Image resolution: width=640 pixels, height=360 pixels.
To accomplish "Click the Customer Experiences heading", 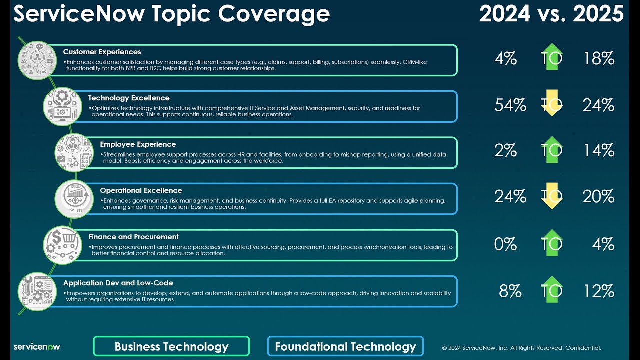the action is pyautogui.click(x=102, y=52).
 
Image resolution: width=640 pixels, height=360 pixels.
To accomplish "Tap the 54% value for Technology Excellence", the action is pyautogui.click(x=510, y=105).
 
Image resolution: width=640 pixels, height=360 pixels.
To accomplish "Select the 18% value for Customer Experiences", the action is pyautogui.click(x=598, y=58).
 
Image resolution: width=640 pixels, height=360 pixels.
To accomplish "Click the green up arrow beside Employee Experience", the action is pyautogui.click(x=552, y=149).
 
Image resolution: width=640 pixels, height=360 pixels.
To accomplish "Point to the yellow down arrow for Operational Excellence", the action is pyautogui.click(x=552, y=196).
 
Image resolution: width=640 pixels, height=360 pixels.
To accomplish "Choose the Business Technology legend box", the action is pyautogui.click(x=171, y=346).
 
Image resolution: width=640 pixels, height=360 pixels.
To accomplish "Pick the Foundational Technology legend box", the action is pyautogui.click(x=345, y=346).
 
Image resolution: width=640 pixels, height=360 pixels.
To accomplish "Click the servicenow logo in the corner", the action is pyautogui.click(x=37, y=347).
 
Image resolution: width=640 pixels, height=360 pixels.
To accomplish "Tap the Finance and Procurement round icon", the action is pyautogui.click(x=63, y=245).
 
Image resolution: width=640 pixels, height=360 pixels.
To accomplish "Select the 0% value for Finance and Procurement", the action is pyautogui.click(x=505, y=244).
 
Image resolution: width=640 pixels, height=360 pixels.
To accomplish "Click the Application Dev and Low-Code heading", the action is pyautogui.click(x=118, y=283).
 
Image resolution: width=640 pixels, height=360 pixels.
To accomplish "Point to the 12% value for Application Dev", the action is pyautogui.click(x=598, y=291).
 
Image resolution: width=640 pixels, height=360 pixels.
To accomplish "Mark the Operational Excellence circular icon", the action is pyautogui.click(x=74, y=199).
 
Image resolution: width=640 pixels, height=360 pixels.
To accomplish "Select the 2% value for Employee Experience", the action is pyautogui.click(x=505, y=150).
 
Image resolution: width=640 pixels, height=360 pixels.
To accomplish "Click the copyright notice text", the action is pyautogui.click(x=521, y=348).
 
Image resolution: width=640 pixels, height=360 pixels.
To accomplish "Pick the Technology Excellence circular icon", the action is pyautogui.click(x=63, y=106).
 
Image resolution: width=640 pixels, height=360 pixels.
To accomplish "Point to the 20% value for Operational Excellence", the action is pyautogui.click(x=598, y=196).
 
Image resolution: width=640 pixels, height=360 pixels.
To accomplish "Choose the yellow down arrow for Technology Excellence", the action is pyautogui.click(x=552, y=103).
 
